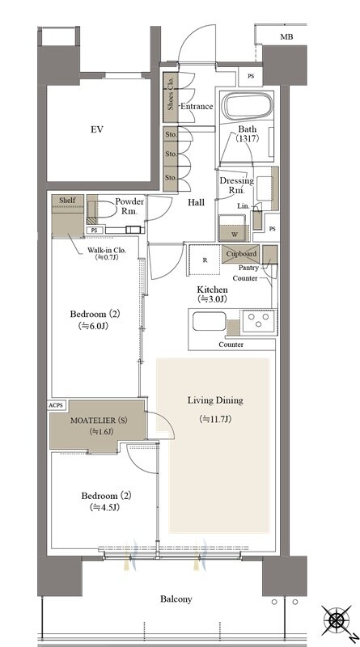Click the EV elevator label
pos(96,129)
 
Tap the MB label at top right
pos(286,36)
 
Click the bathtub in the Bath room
pos(247,106)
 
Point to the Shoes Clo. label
pos(171,94)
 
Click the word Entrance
pos(197,106)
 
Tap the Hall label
pos(196,203)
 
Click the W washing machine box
pos(234,228)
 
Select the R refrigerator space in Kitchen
pos(205,260)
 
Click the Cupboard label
pos(241,254)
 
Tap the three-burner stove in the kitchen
pos(259,319)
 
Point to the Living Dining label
pos(215,400)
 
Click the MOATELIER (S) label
pos(99,421)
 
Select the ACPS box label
pos(56,405)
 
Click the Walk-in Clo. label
pos(106,250)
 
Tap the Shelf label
pos(67,200)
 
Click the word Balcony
pos(176,598)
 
